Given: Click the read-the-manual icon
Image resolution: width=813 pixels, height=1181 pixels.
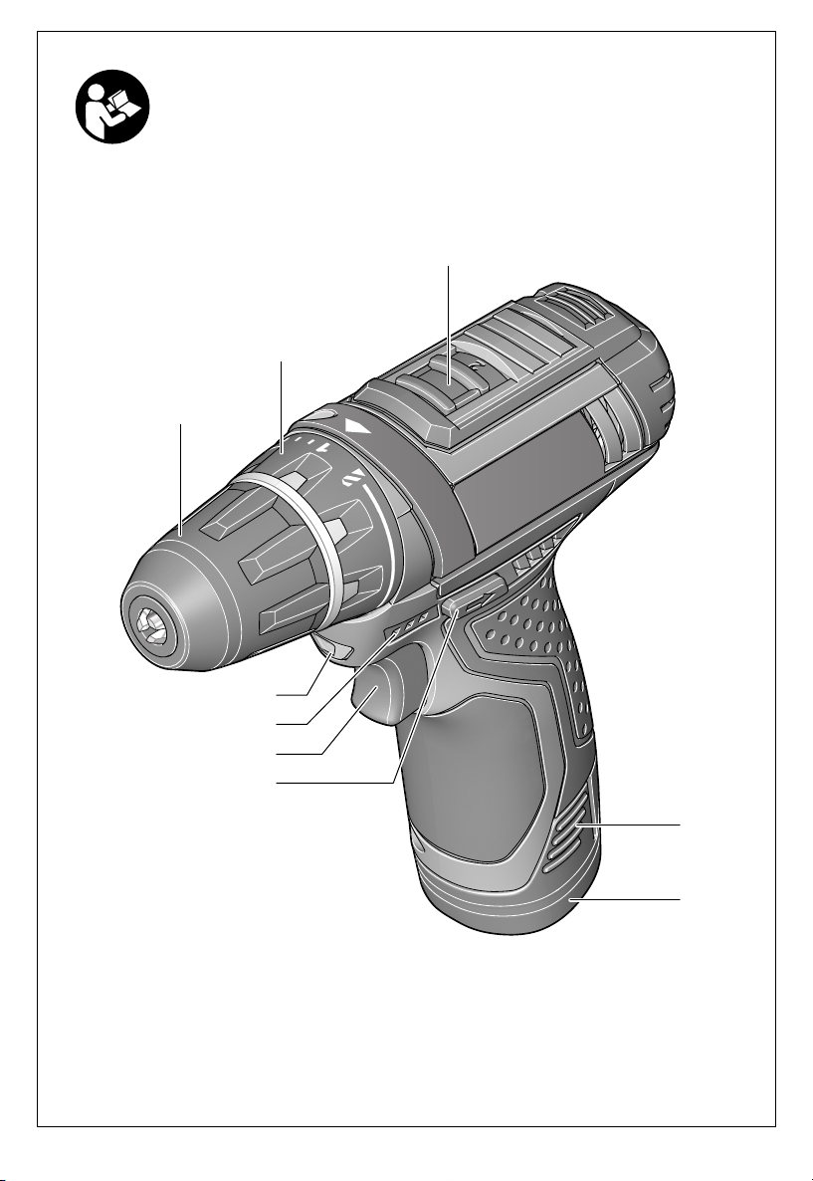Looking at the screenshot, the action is pos(112,107).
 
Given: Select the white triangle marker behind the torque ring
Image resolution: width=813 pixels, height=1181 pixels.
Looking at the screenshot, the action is pos(357,428).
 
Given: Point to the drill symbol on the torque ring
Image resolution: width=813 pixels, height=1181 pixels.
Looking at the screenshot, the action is pos(354,478).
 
